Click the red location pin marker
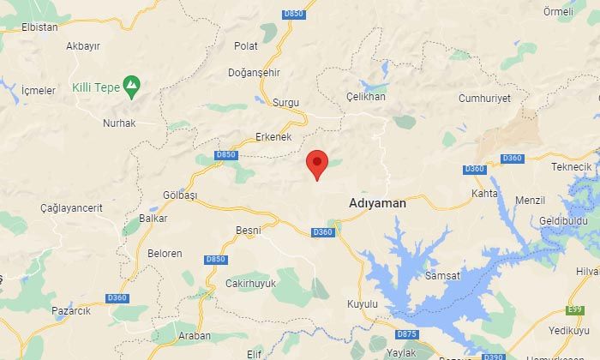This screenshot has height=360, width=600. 317,163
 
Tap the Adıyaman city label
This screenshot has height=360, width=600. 377,204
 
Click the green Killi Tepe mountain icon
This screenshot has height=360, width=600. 130,85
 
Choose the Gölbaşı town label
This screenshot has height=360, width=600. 180,195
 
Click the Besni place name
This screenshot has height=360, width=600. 249,230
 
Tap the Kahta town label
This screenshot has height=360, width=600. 485,195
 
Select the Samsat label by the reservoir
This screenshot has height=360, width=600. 442,275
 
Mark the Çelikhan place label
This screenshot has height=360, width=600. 366,97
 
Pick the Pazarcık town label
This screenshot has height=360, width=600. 71,310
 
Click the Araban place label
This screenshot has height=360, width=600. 194,336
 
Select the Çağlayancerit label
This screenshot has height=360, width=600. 71,207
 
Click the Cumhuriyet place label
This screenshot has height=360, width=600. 484,99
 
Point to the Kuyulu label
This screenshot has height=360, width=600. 363,304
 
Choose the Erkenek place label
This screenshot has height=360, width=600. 274,137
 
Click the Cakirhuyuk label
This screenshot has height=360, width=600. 250,283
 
